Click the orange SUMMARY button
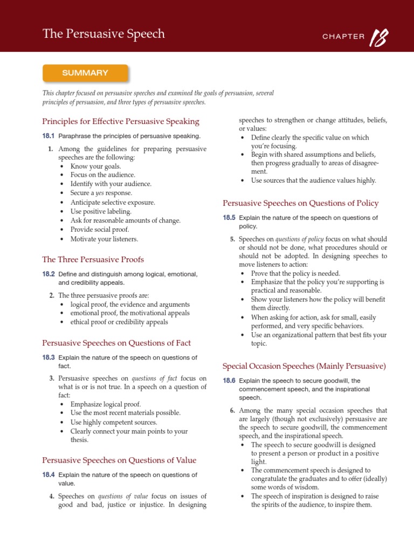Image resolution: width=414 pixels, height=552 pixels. pyautogui.click(x=85, y=73)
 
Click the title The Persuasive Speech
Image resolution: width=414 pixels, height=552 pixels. pyautogui.click(x=103, y=34)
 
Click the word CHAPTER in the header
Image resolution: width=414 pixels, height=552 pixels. pyautogui.click(x=343, y=37)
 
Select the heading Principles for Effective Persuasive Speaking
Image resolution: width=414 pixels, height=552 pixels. pyautogui.click(x=121, y=121)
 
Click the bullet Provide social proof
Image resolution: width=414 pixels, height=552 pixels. pyautogui.click(x=100, y=229)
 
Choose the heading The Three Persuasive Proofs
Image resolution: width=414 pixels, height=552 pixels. pyautogui.click(x=93, y=259)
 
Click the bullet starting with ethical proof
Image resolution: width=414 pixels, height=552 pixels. pyautogui.click(x=119, y=322)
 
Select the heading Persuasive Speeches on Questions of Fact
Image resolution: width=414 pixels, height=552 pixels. pyautogui.click(x=116, y=343)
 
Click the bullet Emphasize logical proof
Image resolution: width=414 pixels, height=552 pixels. pyautogui.click(x=105, y=404)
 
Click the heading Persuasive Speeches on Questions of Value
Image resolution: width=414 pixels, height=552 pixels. pyautogui.click(x=119, y=460)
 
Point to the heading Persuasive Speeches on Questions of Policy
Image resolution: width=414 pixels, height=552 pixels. pyautogui.click(x=300, y=203)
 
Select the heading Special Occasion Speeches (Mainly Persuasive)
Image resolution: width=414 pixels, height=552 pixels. pyautogui.click(x=304, y=366)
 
